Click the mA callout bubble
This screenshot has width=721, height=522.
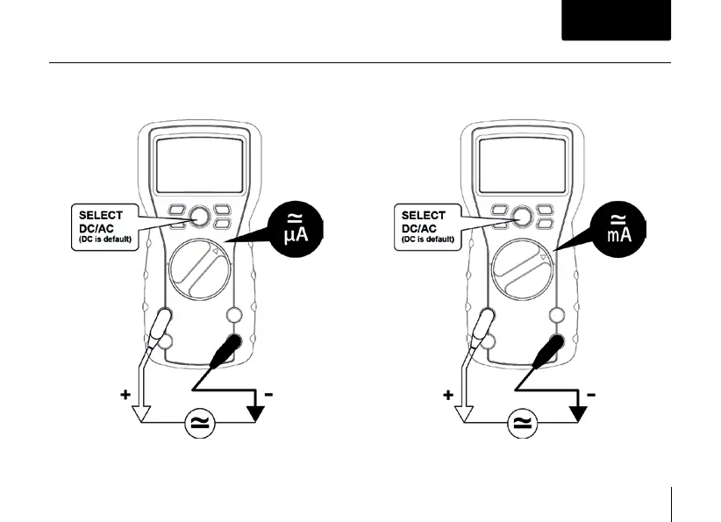click(618, 230)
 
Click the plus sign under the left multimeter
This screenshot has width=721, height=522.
click(126, 396)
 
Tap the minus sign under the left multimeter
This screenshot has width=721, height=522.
click(268, 396)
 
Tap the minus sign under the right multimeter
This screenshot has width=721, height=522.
click(590, 396)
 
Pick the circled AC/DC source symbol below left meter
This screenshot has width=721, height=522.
click(199, 424)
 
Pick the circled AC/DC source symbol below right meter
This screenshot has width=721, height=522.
click(520, 424)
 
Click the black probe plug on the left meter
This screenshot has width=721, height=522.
click(232, 346)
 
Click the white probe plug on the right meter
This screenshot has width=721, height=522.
click(484, 330)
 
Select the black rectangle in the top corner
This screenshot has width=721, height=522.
click(616, 20)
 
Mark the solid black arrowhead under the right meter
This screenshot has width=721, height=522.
click(578, 411)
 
